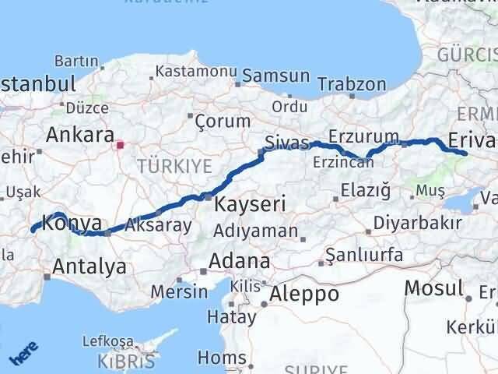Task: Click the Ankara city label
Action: tap(80, 135)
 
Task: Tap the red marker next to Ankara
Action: tap(119, 144)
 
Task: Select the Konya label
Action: tap(72, 222)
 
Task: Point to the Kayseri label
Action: tap(251, 205)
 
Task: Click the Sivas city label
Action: tap(287, 143)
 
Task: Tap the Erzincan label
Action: tap(338, 162)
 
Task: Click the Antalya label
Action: tap(89, 267)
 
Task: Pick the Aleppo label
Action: tap(304, 295)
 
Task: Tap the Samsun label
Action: tap(275, 76)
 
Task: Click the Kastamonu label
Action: tap(196, 71)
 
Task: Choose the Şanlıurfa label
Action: tap(364, 255)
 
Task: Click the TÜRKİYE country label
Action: tap(174, 165)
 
